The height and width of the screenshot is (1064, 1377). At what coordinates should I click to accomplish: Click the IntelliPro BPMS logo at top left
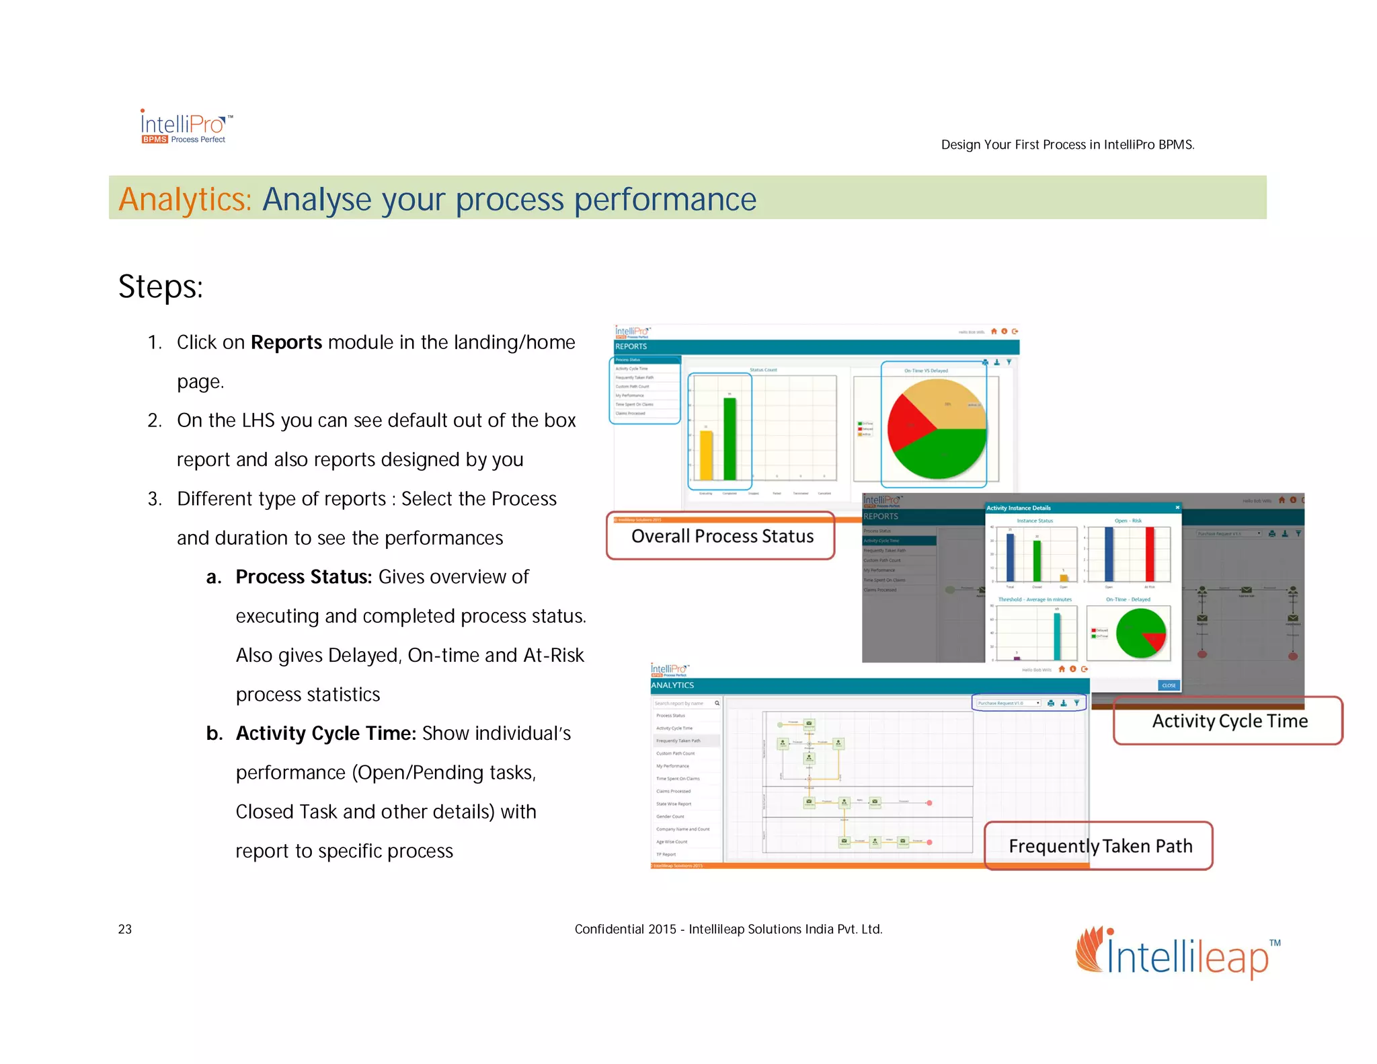point(185,127)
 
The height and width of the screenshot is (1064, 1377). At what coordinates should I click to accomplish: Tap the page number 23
point(125,929)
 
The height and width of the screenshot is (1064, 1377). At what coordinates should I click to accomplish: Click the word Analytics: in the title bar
point(185,199)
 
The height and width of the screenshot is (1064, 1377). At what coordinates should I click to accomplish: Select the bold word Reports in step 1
point(286,342)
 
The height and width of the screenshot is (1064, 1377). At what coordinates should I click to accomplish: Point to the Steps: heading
point(160,287)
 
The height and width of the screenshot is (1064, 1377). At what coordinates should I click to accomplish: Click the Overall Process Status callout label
point(721,536)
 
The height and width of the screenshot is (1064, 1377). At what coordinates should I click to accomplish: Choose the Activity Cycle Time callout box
point(1228,721)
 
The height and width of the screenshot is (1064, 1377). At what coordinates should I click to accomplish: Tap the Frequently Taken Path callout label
point(1099,846)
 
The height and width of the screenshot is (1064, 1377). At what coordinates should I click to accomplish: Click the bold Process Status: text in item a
point(303,577)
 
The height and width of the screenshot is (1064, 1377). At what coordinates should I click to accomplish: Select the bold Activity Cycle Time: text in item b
point(325,733)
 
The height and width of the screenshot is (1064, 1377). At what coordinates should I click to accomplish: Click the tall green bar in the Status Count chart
point(730,438)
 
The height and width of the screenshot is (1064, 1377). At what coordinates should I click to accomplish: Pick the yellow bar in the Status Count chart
point(706,455)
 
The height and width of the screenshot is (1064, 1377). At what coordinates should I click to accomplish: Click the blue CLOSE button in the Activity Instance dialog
point(1169,685)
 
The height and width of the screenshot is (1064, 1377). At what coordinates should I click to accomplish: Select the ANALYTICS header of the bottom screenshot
point(672,685)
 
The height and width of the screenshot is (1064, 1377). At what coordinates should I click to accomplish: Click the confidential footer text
point(727,929)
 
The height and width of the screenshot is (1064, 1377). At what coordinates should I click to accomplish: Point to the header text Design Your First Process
point(1067,145)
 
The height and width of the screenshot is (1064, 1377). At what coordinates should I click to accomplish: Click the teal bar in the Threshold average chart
point(1057,636)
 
